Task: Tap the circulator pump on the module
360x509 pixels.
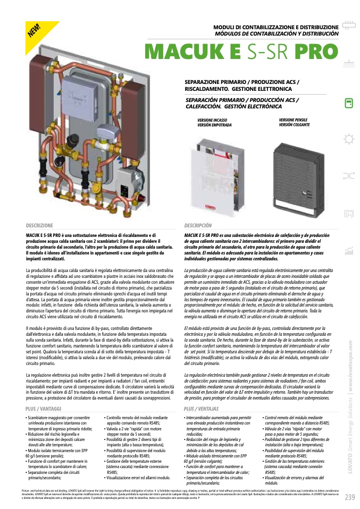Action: (x=128, y=179)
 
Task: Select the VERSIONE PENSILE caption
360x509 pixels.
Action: (x=293, y=122)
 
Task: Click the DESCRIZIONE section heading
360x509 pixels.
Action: (x=39, y=225)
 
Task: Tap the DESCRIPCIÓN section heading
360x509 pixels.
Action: (x=198, y=225)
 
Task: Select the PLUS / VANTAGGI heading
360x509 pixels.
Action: (x=44, y=409)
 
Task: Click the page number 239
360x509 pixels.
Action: (x=349, y=497)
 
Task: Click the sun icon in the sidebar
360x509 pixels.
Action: (x=349, y=139)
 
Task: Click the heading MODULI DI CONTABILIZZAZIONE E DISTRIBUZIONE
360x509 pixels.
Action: (x=275, y=27)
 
